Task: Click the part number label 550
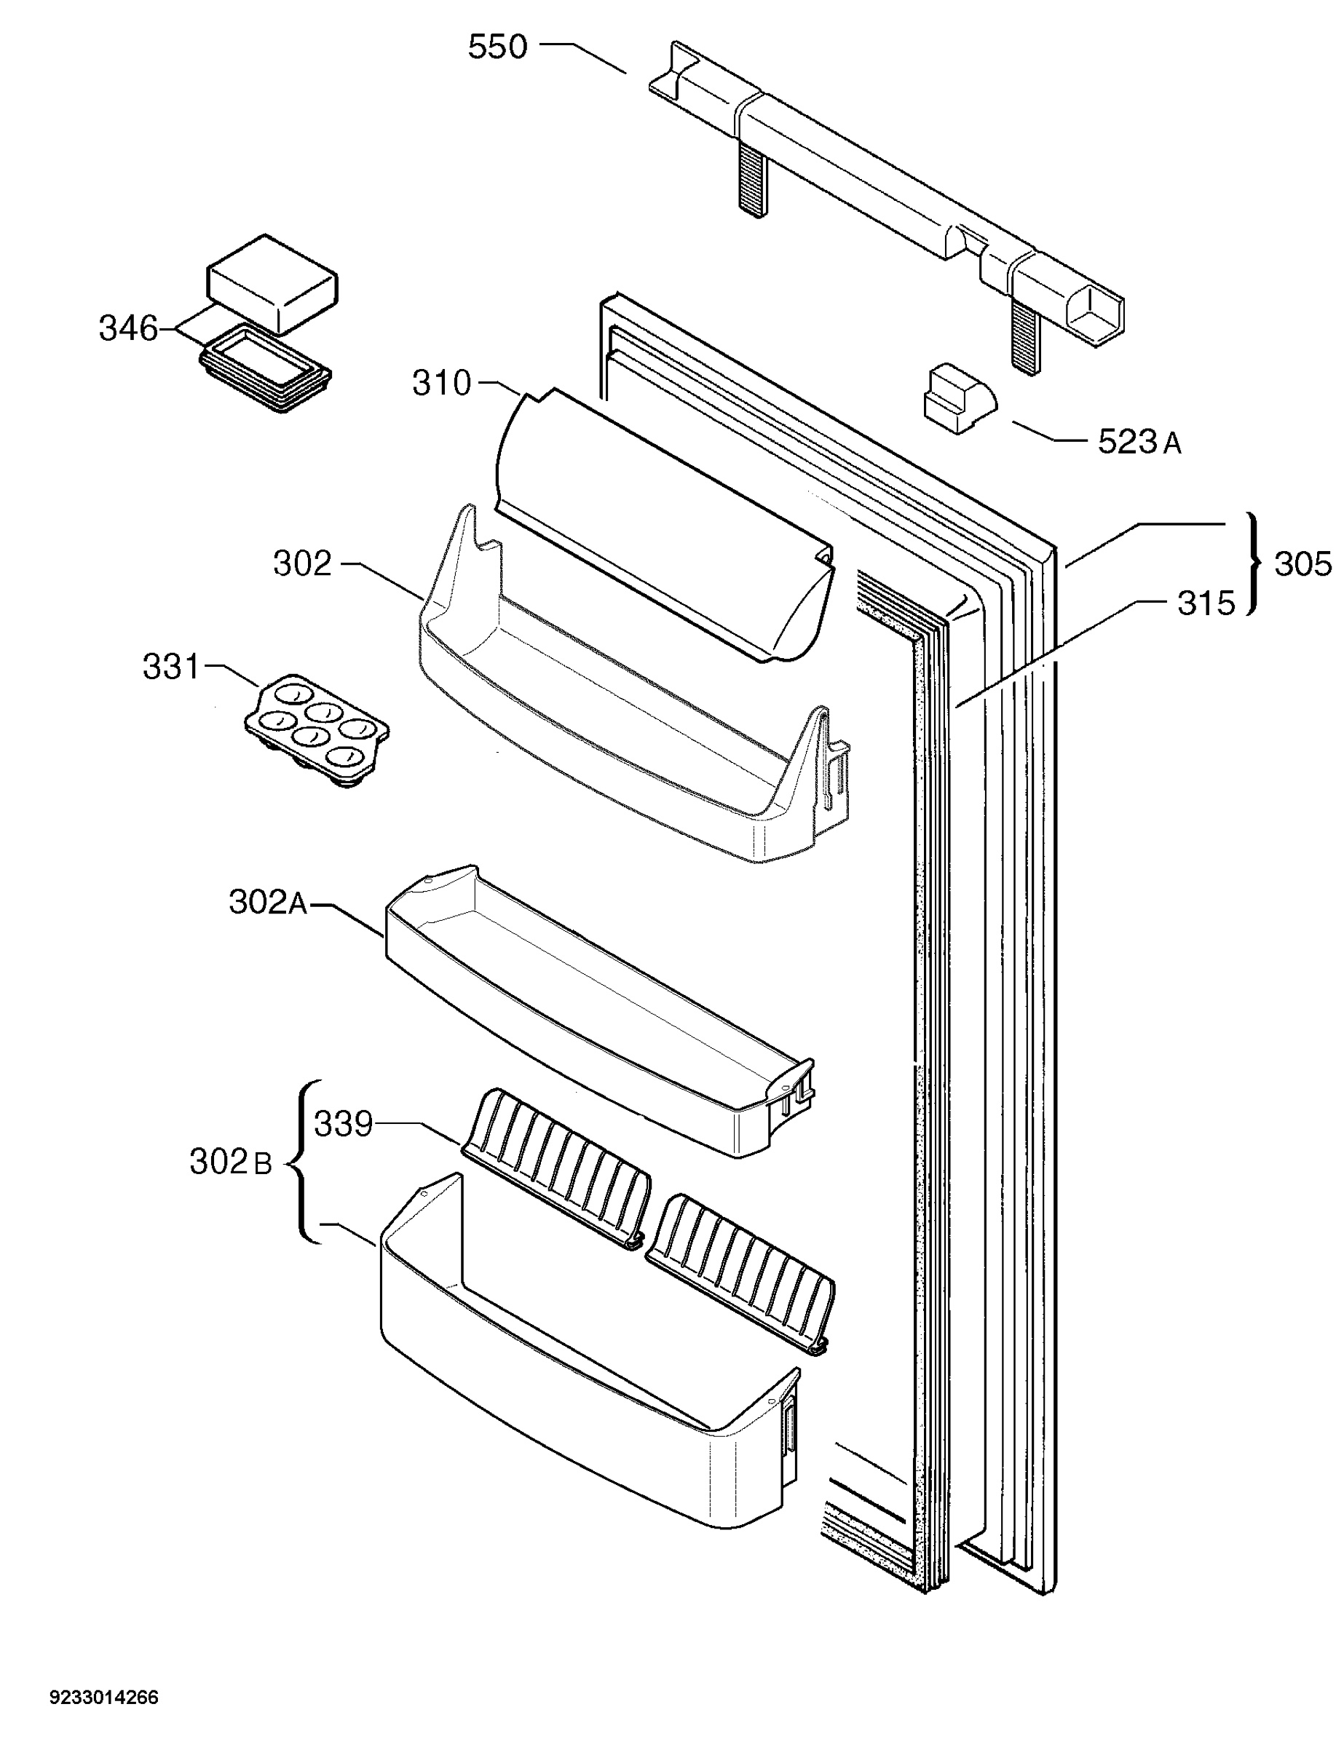click(x=497, y=48)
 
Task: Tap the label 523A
click(x=1139, y=442)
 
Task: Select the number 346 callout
click(x=128, y=328)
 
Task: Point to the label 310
click(x=441, y=384)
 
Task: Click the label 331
click(x=172, y=667)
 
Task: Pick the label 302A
click(x=268, y=903)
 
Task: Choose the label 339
click(x=344, y=1125)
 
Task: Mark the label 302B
click(x=231, y=1162)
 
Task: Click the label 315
click(x=1206, y=603)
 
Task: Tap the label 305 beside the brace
click(x=1303, y=564)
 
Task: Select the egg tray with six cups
click(x=316, y=730)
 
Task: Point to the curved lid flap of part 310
click(x=664, y=525)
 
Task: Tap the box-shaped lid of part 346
click(x=272, y=283)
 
